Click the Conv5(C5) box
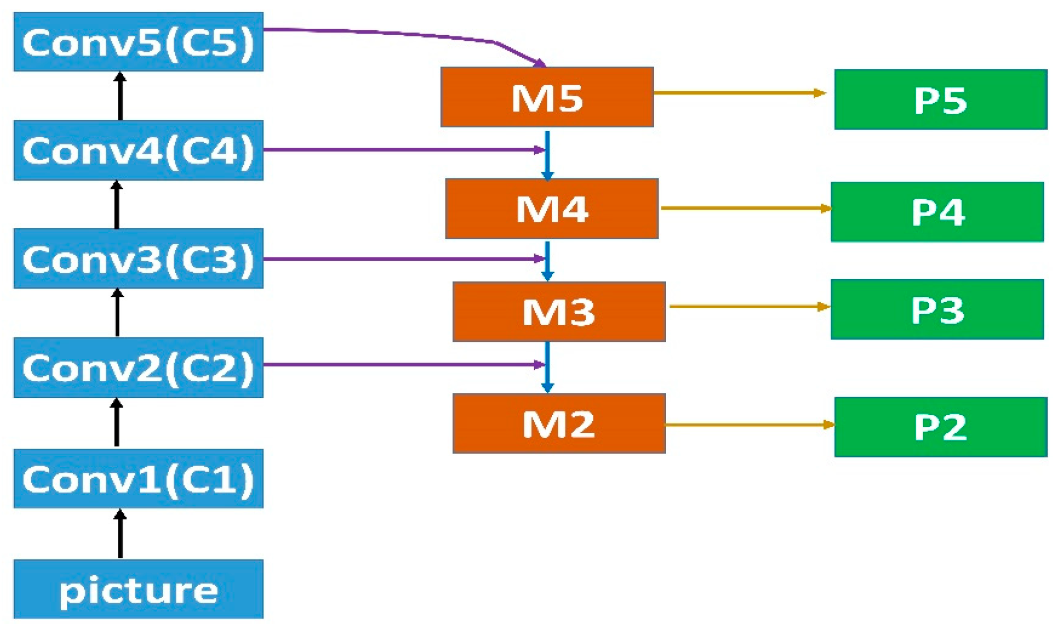click(138, 42)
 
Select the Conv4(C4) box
click(138, 150)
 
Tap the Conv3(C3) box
click(138, 259)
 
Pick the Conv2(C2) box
click(138, 368)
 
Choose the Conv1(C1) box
click(138, 479)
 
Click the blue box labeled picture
click(138, 589)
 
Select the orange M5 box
click(547, 97)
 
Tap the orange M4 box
click(552, 209)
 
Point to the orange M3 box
click(559, 312)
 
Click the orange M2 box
click(559, 424)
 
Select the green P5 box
click(941, 100)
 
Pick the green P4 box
click(937, 212)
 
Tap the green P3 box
click(937, 309)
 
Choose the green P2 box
click(941, 427)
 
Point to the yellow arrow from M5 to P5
click(738, 92)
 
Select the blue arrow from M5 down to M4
click(547, 154)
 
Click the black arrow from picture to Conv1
click(121, 534)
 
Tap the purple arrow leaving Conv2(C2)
click(402, 364)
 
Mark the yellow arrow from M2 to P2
click(749, 425)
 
